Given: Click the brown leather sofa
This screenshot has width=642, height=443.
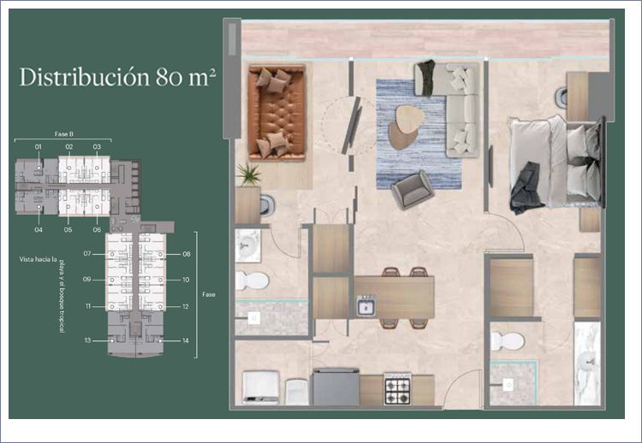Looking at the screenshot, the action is coord(276,112).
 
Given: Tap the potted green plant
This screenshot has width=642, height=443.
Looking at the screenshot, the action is coord(248,174).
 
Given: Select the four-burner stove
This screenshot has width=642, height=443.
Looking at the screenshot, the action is coord(397,389).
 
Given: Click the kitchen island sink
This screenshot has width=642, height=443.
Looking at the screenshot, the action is coord(366,306).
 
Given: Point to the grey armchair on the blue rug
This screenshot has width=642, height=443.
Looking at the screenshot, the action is coord(413,190).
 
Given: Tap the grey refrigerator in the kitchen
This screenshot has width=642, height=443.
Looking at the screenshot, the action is coord(336,387).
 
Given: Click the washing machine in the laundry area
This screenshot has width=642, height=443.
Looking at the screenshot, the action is coord(261,387).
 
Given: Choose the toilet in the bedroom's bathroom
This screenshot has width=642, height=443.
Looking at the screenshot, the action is coord(508,340).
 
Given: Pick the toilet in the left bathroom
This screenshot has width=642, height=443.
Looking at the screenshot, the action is coord(252,281).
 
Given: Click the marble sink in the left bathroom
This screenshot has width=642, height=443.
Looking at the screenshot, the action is coord(248,245).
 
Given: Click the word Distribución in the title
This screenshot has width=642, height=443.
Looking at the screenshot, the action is coord(85,77).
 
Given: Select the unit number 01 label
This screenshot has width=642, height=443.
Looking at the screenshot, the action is coord(38,146).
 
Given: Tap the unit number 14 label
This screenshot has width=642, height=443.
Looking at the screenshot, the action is coord(186,340).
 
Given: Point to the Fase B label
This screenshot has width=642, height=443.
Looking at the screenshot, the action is coord(64,133).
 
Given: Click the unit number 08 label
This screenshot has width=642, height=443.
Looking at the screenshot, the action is coord(187,254).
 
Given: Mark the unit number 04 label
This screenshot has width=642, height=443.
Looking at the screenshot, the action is coord(39,230).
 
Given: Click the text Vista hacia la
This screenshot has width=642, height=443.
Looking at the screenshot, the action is coord(38,259).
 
